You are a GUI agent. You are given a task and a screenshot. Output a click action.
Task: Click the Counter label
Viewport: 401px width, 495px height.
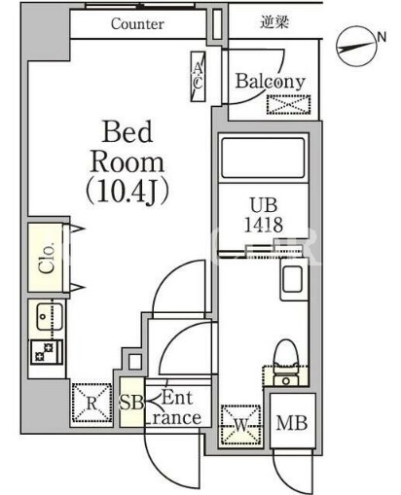137,24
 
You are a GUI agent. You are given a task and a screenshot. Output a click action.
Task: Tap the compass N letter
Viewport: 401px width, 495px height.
382,37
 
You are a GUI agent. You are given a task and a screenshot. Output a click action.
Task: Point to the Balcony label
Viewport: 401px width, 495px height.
271,81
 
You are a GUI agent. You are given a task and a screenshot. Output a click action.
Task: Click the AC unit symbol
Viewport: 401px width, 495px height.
198,77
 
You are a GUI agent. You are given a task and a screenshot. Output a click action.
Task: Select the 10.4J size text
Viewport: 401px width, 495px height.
128,192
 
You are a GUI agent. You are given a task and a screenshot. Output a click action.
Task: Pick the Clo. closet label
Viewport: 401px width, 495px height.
47,258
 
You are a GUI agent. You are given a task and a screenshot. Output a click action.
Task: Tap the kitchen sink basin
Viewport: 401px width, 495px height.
49,317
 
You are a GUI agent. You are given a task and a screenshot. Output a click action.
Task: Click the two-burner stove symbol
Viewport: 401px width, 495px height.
47,352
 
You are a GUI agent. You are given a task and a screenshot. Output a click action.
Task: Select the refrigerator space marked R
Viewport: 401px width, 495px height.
91,403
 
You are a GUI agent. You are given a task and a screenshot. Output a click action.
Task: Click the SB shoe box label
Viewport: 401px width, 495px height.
131,403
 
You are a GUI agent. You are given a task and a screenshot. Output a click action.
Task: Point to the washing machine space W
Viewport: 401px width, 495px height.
241,425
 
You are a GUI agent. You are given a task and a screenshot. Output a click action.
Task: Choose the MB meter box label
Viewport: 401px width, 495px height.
292,423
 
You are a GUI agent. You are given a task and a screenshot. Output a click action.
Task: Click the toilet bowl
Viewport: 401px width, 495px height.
286,354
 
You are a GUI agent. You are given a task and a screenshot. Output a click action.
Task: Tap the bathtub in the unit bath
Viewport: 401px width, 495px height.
263,158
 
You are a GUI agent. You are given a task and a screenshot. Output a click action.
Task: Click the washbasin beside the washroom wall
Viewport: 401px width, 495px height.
292,279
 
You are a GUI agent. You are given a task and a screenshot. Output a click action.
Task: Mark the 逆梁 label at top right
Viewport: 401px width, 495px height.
274,22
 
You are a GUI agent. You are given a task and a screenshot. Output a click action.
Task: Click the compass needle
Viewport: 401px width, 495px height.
356,47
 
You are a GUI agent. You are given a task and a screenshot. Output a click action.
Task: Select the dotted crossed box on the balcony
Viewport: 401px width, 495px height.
288,104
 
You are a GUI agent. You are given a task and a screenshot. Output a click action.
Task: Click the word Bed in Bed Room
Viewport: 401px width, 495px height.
128,131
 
